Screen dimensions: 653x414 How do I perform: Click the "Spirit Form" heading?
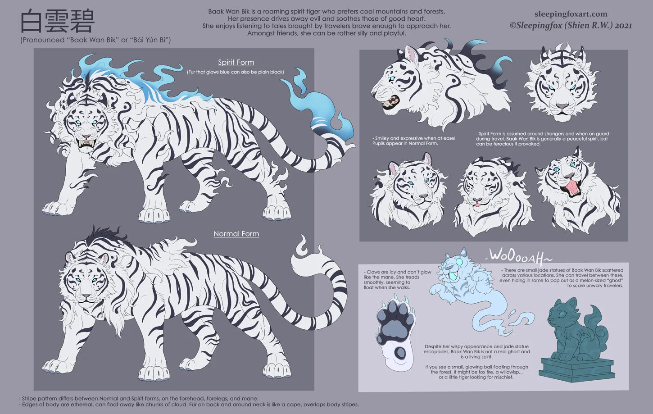point(236,62)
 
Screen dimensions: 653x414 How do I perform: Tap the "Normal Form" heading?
point(236,234)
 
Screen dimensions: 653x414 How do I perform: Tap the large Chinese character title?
point(57,21)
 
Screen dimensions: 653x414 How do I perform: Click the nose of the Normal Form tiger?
point(86,296)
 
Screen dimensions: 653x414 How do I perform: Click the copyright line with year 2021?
point(571,26)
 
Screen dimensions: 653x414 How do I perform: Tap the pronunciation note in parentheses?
point(95,40)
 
